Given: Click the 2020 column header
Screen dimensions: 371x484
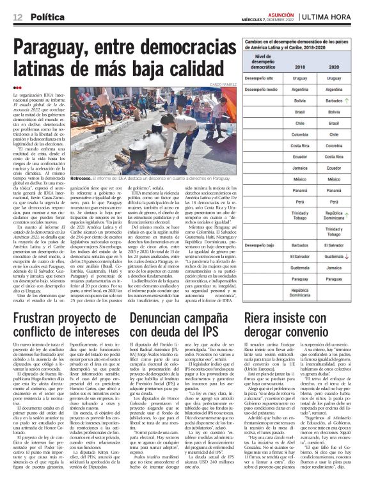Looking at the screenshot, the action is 333,66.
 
